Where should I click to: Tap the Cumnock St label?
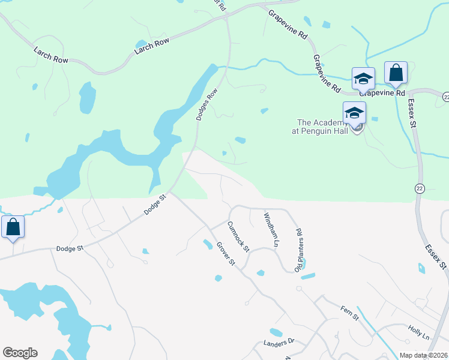pos(237,236)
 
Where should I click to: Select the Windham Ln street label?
pos(271,229)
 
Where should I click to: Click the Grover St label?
pos(226,255)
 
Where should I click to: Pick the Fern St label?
pos(349,312)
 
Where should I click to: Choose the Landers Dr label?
pos(279,343)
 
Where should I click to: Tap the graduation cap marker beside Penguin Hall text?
pos(354,113)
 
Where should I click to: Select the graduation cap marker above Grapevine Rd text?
pos(363,78)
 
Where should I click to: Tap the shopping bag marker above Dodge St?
pos(13,227)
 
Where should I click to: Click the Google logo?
pos(20,353)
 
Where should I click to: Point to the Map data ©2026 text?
pos(423,355)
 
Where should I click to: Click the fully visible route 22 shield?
pos(420,188)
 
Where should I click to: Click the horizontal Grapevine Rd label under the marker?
pos(383,93)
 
